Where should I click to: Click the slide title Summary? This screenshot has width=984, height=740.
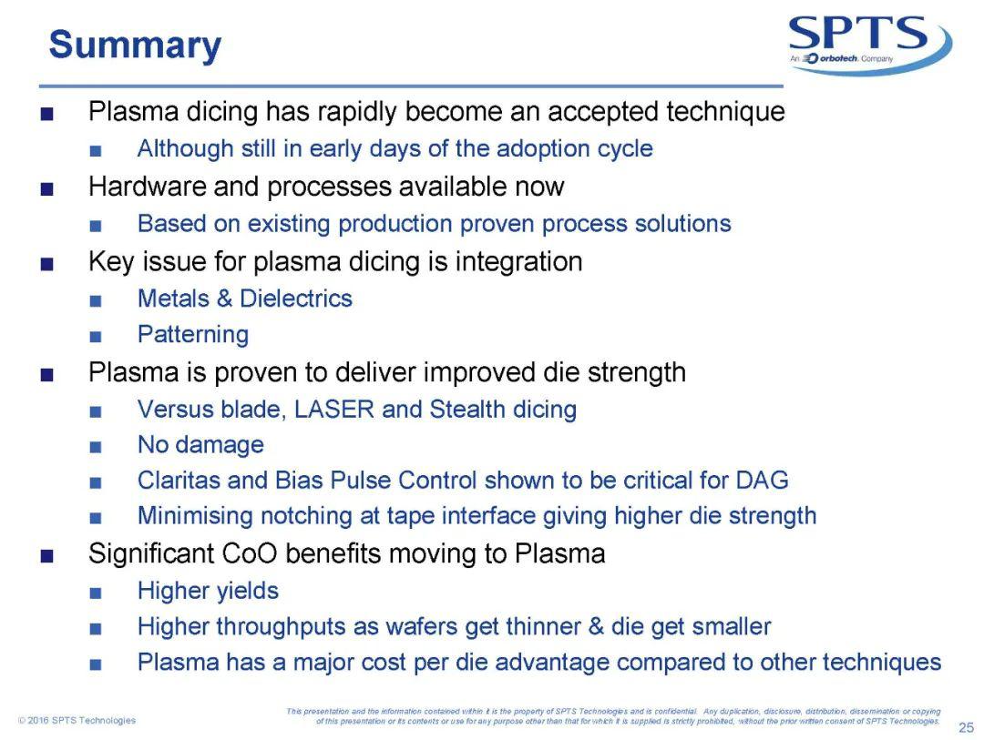[135, 46]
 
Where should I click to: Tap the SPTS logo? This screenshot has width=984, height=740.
[870, 44]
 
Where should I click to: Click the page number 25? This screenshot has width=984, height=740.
[966, 727]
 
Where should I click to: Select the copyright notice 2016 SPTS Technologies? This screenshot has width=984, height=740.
[77, 720]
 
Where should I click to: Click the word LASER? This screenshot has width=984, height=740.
[333, 410]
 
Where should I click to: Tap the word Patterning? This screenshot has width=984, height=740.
[193, 335]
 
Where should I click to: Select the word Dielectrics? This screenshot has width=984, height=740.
[295, 299]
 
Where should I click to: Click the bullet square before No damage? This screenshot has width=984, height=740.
[96, 447]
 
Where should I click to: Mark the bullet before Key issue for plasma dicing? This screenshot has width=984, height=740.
[46, 264]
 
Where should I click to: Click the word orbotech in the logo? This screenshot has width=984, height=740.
[838, 58]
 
